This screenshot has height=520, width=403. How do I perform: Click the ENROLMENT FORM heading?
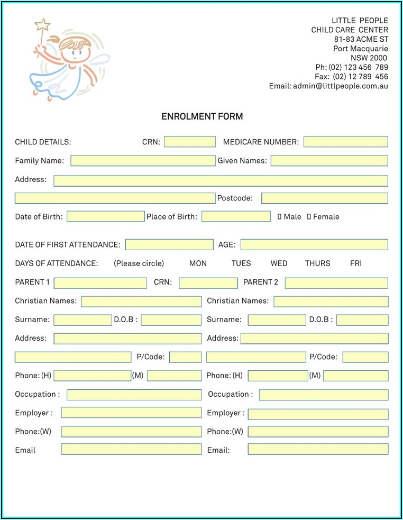pyautogui.click(x=202, y=116)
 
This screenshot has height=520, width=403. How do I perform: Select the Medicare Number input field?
pyautogui.click(x=345, y=142)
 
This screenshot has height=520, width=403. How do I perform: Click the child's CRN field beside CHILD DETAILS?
pyautogui.click(x=189, y=142)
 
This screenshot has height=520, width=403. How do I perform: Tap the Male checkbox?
pyautogui.click(x=280, y=216)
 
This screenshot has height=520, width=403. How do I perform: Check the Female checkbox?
pyautogui.click(x=309, y=216)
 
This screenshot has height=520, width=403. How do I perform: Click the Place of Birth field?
pyautogui.click(x=236, y=216)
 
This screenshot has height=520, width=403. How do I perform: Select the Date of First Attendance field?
pyautogui.click(x=169, y=244)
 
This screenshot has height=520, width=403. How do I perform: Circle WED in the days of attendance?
pyautogui.click(x=279, y=263)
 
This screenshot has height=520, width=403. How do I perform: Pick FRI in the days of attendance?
pyautogui.click(x=356, y=263)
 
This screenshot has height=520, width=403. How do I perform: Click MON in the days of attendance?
pyautogui.click(x=198, y=263)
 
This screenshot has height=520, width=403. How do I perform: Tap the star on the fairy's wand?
pyautogui.click(x=42, y=24)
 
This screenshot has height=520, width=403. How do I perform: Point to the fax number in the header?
pyautogui.click(x=360, y=77)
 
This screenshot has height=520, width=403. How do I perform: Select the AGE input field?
pyautogui.click(x=314, y=244)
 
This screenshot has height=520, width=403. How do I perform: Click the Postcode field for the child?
pyautogui.click(x=324, y=198)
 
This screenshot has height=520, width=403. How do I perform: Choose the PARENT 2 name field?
pyautogui.click(x=336, y=282)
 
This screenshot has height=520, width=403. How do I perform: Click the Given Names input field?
pyautogui.click(x=329, y=161)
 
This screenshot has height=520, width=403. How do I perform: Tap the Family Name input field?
pyautogui.click(x=143, y=161)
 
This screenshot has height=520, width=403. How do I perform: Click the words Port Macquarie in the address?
pyautogui.click(x=360, y=49)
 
